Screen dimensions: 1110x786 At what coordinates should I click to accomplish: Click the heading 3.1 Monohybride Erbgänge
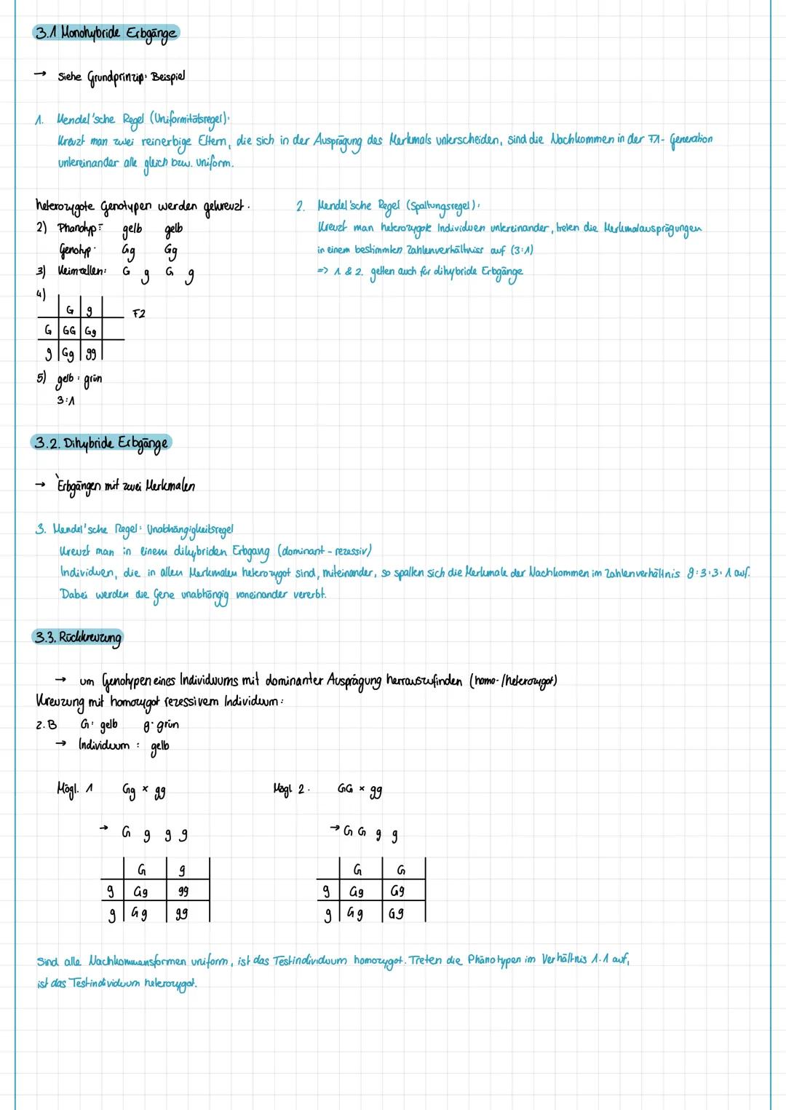[x=106, y=33]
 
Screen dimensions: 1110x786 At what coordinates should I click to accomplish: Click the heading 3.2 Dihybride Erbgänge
[x=101, y=443]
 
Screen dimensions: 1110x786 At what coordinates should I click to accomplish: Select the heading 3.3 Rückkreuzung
[x=78, y=638]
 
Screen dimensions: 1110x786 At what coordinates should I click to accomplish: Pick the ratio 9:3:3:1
[x=715, y=574]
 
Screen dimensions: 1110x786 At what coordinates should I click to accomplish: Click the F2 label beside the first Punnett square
[x=138, y=314]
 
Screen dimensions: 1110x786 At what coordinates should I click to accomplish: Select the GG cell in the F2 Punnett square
[x=69, y=330]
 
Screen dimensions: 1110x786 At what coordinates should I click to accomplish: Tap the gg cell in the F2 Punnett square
[x=90, y=353]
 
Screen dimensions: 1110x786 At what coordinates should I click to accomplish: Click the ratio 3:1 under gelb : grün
[x=65, y=400]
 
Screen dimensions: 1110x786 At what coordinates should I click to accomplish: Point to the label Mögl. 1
[x=74, y=789]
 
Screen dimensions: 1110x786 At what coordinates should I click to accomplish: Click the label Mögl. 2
[x=291, y=789]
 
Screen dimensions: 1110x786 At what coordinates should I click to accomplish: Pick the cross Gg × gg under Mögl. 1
[x=143, y=790]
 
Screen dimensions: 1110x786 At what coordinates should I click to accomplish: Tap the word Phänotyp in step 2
[x=78, y=229]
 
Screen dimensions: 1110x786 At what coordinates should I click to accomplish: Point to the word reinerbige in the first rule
[x=166, y=141]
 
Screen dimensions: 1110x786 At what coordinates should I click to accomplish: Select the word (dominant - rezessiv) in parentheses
[x=325, y=551]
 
